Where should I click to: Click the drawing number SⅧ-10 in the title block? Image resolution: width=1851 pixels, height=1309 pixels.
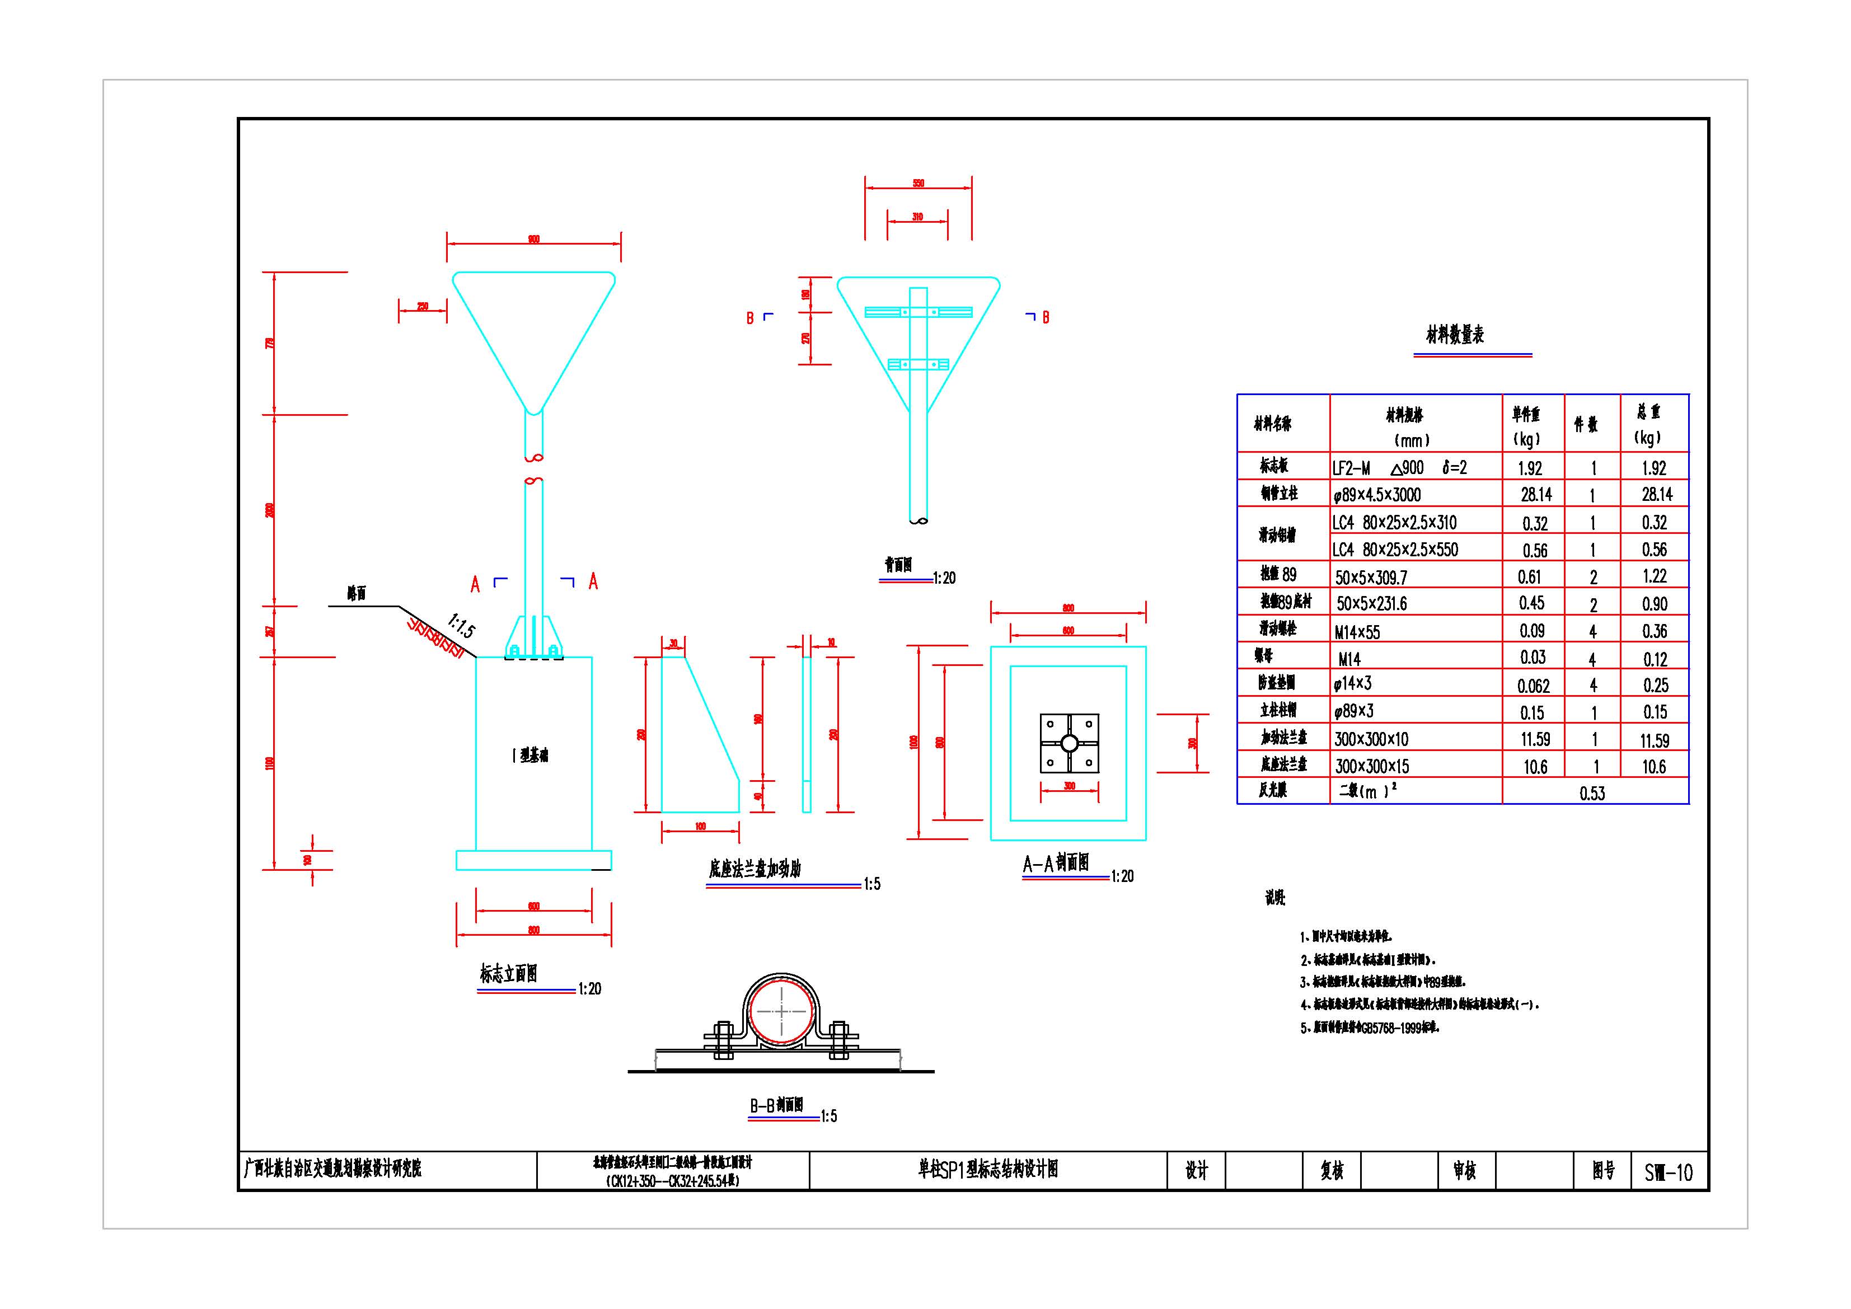(x=1668, y=1172)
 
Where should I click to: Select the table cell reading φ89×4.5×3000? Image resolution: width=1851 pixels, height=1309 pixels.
(x=1377, y=495)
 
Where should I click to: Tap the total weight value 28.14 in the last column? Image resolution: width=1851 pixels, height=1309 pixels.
(x=1657, y=494)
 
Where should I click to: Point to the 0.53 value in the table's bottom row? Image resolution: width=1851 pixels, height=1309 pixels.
(x=1592, y=793)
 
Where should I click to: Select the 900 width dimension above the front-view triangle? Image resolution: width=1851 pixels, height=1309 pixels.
(x=533, y=240)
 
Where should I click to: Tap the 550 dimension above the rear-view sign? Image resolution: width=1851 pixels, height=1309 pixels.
(x=919, y=183)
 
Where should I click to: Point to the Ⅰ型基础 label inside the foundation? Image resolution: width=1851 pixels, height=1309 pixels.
(x=531, y=756)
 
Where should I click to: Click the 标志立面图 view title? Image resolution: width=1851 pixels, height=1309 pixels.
(x=509, y=974)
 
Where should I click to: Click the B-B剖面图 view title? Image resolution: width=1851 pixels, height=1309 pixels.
(x=776, y=1105)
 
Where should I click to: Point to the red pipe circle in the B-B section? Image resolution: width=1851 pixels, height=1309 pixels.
(x=780, y=1012)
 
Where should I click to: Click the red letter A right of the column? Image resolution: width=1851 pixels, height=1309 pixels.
(x=593, y=581)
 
